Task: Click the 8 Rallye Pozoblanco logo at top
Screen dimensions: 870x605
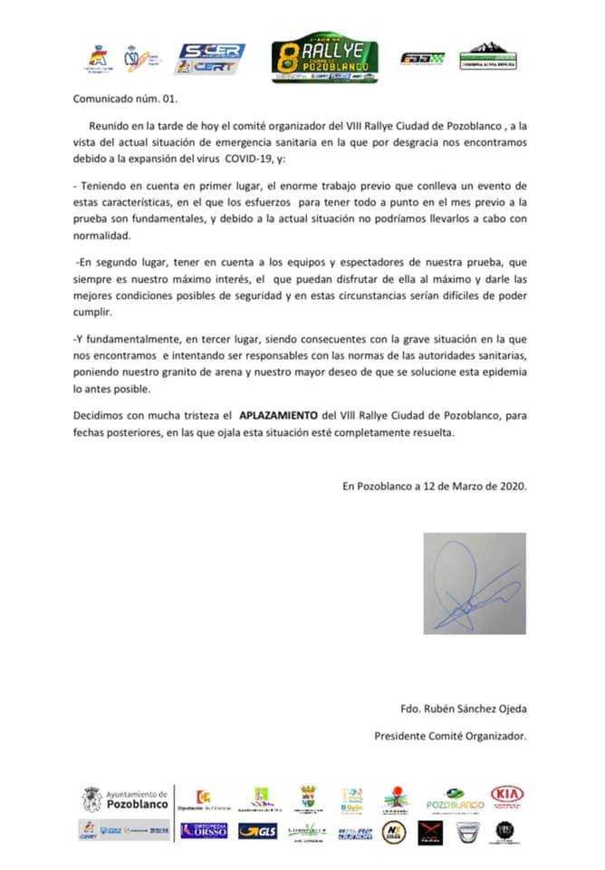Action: pos(325,60)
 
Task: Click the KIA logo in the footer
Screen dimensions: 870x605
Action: pos(507,795)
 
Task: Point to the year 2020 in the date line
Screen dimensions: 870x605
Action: pos(510,486)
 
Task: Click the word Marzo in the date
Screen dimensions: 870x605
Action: pos(465,486)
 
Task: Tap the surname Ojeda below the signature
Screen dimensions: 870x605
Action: pos(507,709)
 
